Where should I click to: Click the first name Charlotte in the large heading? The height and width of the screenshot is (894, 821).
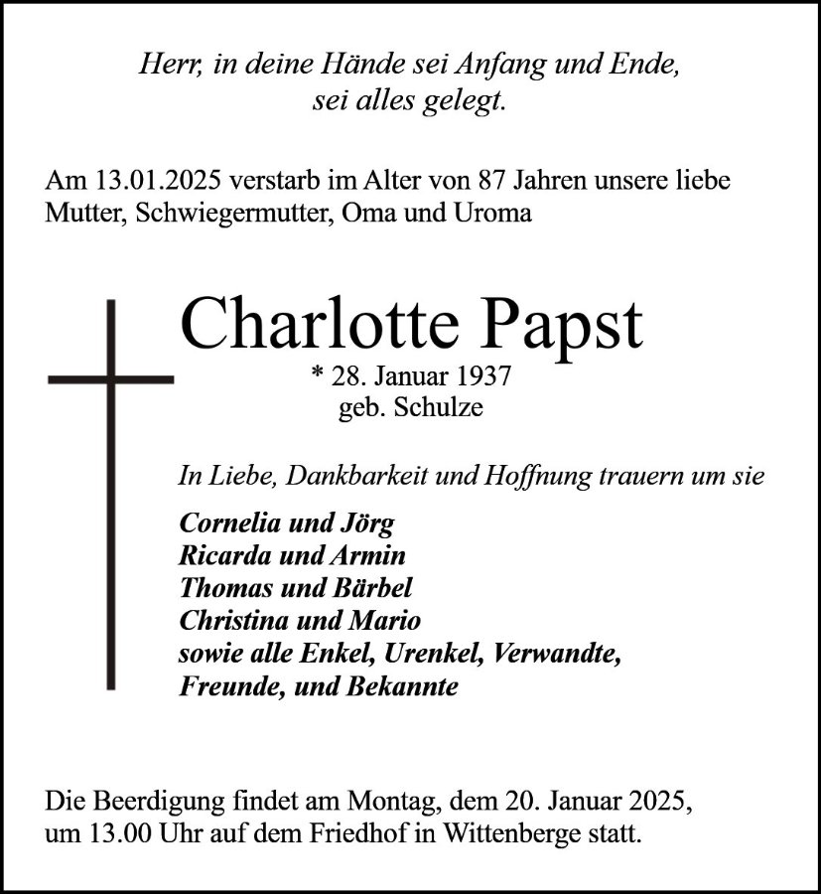[x=316, y=324]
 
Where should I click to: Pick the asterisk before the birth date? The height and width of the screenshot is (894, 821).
[x=317, y=375]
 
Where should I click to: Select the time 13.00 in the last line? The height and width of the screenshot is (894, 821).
[x=120, y=831]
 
